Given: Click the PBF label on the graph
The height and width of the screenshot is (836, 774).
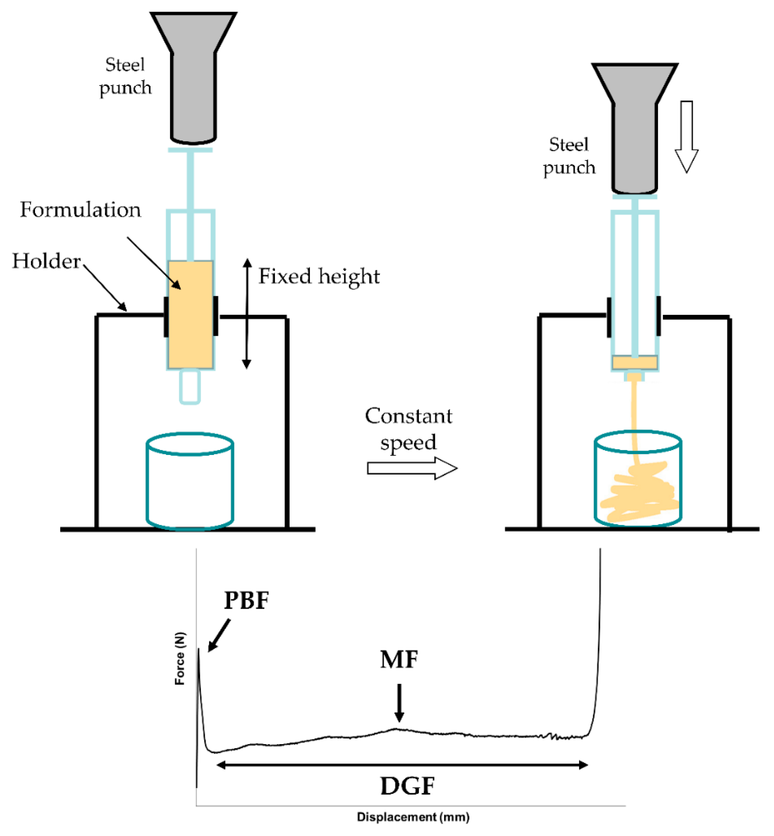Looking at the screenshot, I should click(x=246, y=600).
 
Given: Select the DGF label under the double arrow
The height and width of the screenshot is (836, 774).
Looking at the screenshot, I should click(x=407, y=786).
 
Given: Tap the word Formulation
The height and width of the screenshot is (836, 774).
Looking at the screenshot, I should click(x=80, y=209).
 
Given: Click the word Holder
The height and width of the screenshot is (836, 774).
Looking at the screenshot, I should click(x=46, y=261).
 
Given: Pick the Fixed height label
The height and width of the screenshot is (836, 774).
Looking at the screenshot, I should click(x=319, y=276).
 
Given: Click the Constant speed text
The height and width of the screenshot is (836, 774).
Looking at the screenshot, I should click(x=408, y=429).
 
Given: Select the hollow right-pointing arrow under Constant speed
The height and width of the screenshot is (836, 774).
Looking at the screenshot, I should click(x=412, y=468).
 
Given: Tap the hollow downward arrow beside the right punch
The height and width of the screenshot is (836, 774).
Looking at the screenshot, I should click(x=686, y=136).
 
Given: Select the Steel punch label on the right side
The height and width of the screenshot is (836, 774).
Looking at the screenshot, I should click(x=569, y=156).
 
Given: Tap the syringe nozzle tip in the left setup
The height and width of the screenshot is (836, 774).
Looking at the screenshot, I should click(x=190, y=386).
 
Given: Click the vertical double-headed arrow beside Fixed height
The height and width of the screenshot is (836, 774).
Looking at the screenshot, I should click(x=247, y=314).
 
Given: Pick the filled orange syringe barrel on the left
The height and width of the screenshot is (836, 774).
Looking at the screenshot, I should click(x=191, y=315).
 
